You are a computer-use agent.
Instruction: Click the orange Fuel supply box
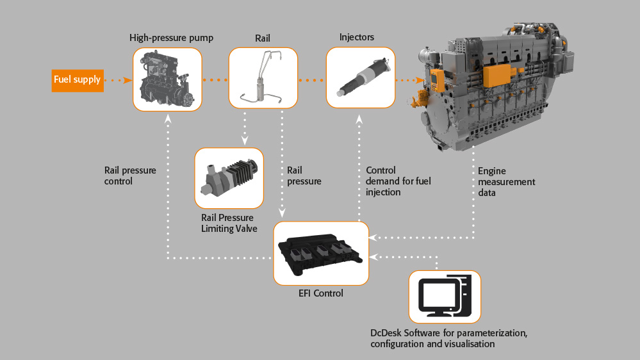tap(77, 80)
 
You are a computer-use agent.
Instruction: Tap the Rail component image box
tap(263, 78)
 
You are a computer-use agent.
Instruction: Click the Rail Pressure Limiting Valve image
tap(229, 177)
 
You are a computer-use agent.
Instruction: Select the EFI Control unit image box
tap(321, 253)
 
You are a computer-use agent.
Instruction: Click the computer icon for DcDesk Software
tap(445, 296)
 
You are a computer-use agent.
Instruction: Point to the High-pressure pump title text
tap(171, 38)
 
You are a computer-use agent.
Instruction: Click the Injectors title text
tap(357, 37)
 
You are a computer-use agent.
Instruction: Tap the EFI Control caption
tap(321, 293)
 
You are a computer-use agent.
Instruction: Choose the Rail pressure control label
tap(130, 176)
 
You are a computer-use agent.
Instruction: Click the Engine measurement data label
tap(506, 181)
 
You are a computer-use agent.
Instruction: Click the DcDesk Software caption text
tap(448, 338)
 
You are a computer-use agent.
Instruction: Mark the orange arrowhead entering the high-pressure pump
tap(128, 80)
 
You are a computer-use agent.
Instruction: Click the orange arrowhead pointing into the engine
tap(420, 80)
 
